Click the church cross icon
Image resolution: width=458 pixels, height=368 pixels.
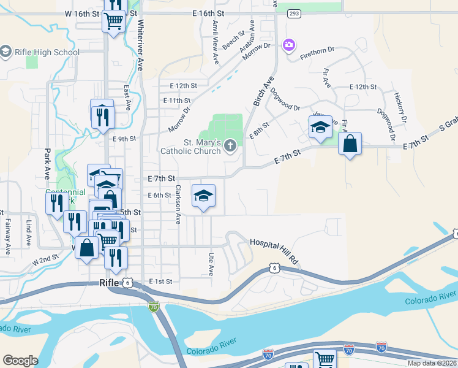(230, 145)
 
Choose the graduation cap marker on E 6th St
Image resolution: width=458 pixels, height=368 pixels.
(204, 196)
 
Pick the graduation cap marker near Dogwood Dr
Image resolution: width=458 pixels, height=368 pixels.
(320, 128)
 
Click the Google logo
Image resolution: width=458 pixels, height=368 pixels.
(20, 361)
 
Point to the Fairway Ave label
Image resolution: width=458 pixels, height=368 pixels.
(8, 237)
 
